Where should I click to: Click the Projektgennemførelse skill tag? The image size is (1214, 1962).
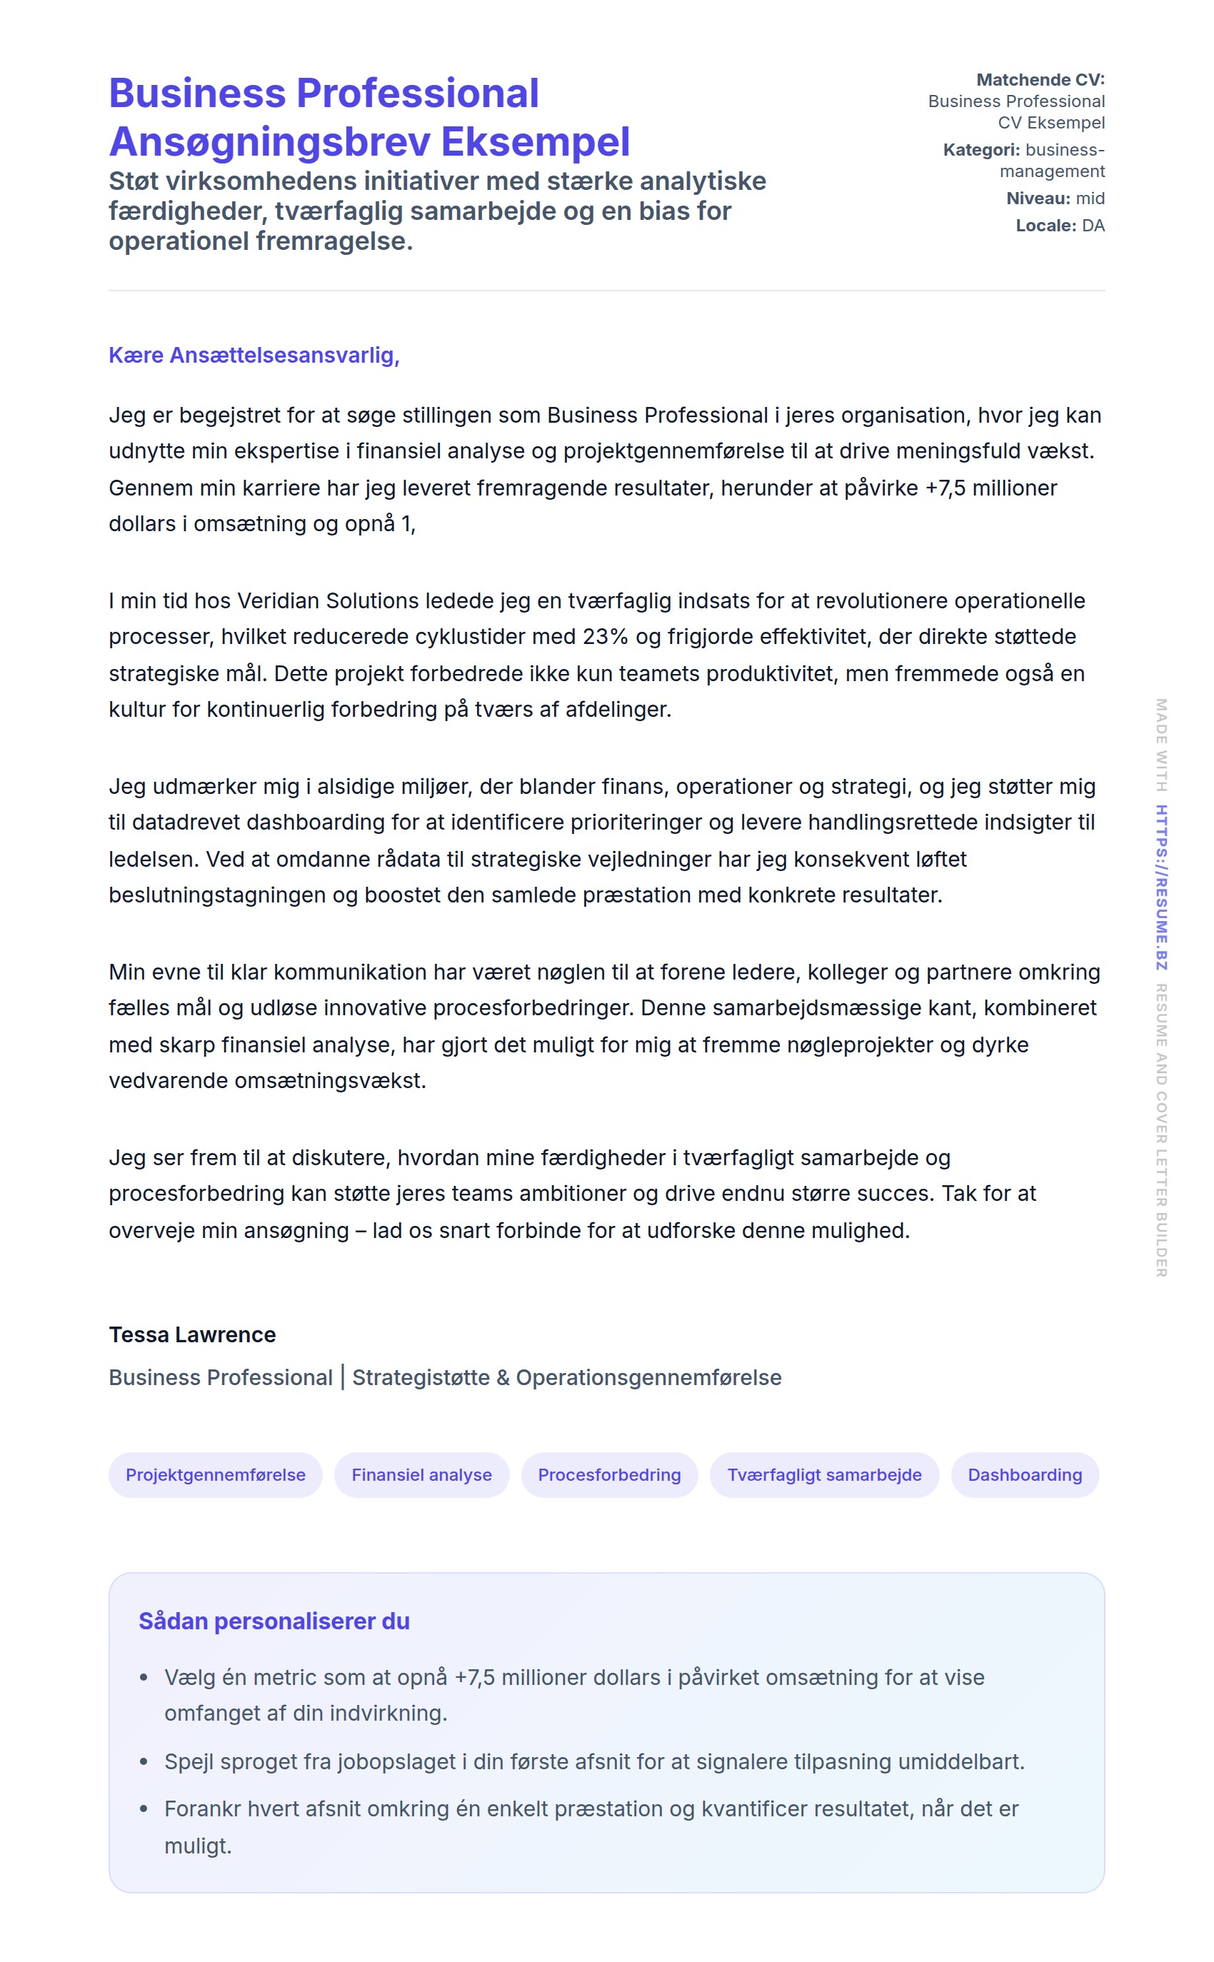click(x=215, y=1474)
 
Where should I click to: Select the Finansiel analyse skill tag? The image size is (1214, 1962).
click(x=421, y=1474)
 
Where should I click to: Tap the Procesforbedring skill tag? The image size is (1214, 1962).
click(x=608, y=1474)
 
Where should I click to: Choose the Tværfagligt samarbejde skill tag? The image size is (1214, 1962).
click(x=824, y=1474)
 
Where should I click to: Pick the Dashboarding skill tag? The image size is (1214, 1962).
click(x=1025, y=1474)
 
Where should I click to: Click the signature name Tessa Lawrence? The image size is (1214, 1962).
click(x=192, y=1334)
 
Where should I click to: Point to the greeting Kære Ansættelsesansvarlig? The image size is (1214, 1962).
click(x=254, y=355)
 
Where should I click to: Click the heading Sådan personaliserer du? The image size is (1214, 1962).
click(x=274, y=1621)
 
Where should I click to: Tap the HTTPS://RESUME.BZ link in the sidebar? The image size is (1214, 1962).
click(x=1161, y=887)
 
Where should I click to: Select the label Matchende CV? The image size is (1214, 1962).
click(x=1040, y=79)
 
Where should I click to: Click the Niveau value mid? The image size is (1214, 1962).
click(x=1090, y=198)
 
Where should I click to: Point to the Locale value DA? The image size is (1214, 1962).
click(x=1093, y=226)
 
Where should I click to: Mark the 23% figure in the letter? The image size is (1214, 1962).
click(x=606, y=637)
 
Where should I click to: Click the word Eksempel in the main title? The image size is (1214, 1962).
click(x=535, y=142)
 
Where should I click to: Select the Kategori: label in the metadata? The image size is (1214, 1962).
click(x=981, y=150)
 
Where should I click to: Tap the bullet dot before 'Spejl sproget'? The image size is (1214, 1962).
click(x=144, y=1761)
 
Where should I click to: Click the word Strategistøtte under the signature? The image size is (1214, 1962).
click(x=421, y=1377)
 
